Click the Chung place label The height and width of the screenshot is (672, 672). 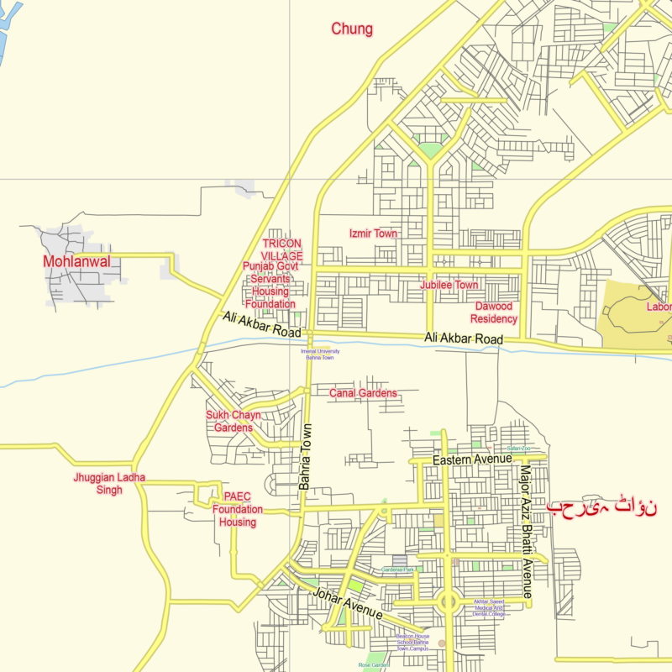coord(351,29)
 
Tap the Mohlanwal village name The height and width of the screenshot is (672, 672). coord(76,261)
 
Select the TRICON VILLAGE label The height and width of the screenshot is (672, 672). coord(281,249)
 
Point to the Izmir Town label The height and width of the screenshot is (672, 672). coord(373,234)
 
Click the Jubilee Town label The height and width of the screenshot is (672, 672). coord(449,286)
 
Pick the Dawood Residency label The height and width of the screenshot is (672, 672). coord(493,312)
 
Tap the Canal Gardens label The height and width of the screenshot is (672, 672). coord(362,393)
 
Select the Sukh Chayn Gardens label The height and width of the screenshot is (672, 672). coord(233,422)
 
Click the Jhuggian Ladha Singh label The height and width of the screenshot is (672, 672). coord(109,484)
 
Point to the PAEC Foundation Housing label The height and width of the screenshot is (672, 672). coord(237,509)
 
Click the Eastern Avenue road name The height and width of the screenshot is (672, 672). coord(471,460)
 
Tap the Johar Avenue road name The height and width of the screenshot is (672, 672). coord(347,605)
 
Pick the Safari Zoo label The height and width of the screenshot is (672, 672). coord(518,449)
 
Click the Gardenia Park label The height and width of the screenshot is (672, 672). coord(398,570)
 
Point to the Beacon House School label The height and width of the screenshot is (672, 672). coord(412,643)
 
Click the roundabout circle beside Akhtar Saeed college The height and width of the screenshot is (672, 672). coord(448,601)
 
